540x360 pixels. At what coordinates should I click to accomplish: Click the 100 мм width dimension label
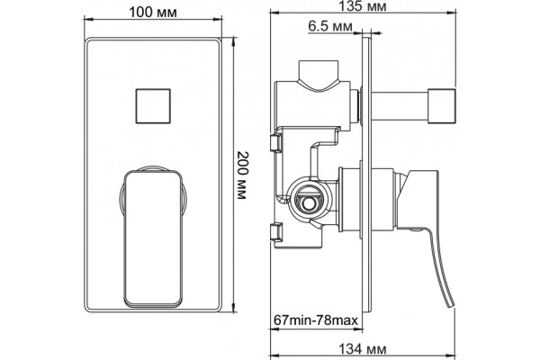(x=153, y=13)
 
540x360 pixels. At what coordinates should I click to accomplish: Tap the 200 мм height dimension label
(x=242, y=175)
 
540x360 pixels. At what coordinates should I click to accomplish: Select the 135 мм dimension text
(x=363, y=6)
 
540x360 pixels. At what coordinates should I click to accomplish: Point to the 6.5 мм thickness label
(x=330, y=26)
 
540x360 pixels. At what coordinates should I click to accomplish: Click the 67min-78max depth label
(x=316, y=320)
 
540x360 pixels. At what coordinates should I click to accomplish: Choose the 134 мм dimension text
(x=363, y=349)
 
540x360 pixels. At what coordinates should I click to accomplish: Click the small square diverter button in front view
(x=153, y=106)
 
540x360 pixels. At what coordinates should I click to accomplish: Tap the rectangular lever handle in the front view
(x=153, y=238)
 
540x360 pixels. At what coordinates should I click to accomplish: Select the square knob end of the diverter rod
(x=442, y=106)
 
